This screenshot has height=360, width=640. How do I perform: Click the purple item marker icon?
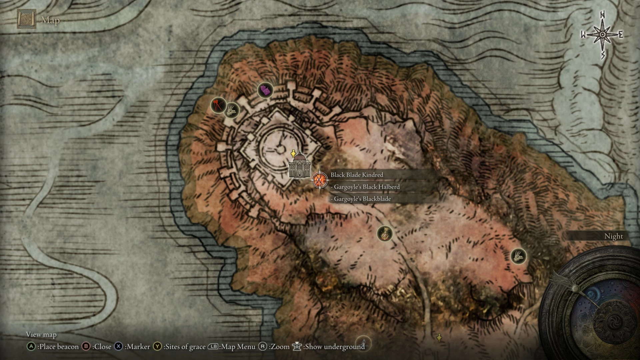(x=265, y=90)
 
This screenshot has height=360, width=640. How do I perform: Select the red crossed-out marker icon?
(x=218, y=105)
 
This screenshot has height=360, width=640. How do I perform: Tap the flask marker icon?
(x=385, y=234)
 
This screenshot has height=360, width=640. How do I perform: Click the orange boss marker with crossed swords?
(x=319, y=180)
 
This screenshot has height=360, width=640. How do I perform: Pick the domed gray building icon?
(x=299, y=165)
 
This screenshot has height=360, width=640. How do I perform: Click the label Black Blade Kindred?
(x=357, y=175)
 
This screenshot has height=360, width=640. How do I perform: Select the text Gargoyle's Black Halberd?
(x=366, y=187)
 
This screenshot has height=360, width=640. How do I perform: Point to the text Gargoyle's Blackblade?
(x=362, y=199)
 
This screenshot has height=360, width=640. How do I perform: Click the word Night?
(x=613, y=236)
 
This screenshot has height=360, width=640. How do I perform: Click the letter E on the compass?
(x=621, y=35)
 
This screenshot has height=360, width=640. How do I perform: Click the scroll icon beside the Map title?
(x=27, y=20)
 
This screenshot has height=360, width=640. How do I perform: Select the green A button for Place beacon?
(x=31, y=347)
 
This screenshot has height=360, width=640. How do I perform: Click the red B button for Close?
(x=86, y=347)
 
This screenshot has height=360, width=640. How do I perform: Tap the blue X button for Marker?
(x=119, y=347)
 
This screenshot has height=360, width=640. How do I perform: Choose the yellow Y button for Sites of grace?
(x=157, y=347)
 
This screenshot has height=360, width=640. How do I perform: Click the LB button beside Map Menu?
(x=213, y=347)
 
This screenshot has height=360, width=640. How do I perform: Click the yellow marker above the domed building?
(x=293, y=154)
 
